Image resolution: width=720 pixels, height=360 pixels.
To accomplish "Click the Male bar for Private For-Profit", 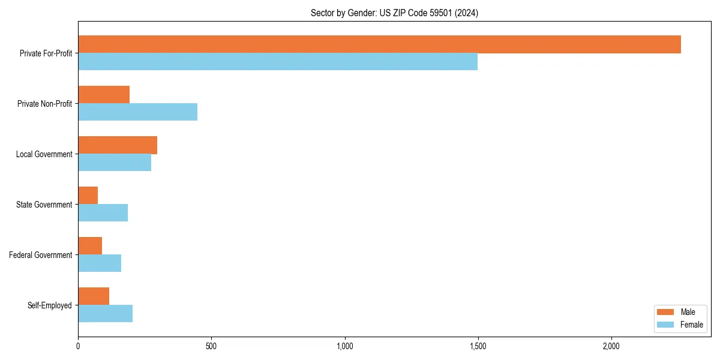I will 379,44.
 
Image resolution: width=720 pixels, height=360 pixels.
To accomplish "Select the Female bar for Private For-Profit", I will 278,62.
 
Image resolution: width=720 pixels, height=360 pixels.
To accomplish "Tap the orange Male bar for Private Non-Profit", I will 104,95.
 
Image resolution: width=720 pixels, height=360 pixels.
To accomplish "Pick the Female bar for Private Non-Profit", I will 137,112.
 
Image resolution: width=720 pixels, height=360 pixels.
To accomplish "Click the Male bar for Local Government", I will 118,145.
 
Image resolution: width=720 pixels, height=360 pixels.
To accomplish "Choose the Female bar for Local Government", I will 115,163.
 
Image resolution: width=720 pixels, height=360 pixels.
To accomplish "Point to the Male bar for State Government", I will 88,196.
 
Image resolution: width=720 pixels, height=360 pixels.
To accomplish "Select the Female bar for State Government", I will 103,213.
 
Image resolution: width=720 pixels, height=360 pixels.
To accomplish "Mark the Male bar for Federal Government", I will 90,246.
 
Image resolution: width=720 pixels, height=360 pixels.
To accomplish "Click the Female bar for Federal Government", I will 100,263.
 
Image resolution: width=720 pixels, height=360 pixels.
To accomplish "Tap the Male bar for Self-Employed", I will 94,296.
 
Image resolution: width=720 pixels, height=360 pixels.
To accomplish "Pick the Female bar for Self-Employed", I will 105,314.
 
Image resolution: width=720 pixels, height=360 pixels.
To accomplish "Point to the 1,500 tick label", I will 478,346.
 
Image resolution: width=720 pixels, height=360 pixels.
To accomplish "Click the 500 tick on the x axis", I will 211,346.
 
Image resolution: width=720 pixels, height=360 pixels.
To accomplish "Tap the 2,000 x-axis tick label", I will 611,346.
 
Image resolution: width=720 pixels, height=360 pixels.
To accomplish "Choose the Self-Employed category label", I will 50,305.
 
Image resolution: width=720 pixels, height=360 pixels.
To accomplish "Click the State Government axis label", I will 44,205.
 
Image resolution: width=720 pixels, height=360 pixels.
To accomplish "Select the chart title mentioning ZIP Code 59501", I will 394,13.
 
